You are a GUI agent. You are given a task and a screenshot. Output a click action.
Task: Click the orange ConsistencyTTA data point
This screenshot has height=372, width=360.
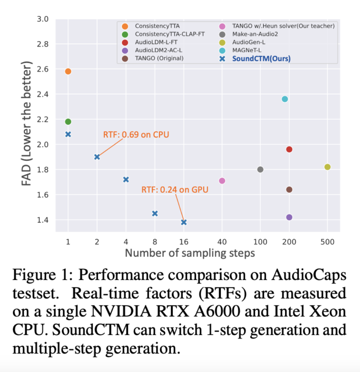click(68, 71)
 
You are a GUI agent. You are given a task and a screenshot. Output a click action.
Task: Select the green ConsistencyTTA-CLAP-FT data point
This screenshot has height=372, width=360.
click(68, 122)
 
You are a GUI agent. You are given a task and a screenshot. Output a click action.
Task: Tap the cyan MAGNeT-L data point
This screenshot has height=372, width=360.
click(285, 99)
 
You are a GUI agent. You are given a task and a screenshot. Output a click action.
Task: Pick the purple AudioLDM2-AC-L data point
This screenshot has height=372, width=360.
click(289, 217)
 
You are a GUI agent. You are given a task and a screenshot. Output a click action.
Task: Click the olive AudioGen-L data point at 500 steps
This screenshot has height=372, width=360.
click(327, 167)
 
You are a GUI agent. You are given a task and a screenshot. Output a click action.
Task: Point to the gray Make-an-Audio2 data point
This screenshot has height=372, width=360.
click(260, 169)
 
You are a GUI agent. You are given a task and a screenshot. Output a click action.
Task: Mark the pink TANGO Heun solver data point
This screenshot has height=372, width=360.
click(222, 181)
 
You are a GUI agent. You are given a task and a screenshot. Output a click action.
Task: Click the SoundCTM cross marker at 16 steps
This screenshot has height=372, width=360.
click(184, 222)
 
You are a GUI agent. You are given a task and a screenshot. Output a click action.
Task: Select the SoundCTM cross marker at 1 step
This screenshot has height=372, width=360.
click(68, 134)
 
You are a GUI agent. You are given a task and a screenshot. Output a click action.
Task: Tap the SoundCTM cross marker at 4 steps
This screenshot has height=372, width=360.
click(126, 180)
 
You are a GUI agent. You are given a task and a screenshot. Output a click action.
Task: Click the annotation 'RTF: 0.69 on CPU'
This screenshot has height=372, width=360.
click(136, 135)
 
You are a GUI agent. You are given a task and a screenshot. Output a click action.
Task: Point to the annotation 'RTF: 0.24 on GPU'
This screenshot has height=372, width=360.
click(175, 190)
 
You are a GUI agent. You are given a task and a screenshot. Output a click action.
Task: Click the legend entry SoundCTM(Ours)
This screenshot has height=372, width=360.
click(261, 59)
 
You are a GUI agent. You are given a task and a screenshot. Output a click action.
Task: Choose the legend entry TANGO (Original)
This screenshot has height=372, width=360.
click(159, 58)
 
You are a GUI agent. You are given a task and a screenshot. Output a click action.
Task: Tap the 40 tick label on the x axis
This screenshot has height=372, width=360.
click(222, 242)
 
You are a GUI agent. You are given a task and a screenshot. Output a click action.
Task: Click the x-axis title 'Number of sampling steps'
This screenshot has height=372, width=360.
click(190, 253)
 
